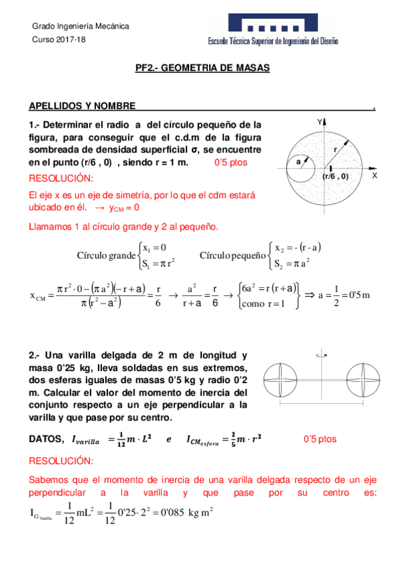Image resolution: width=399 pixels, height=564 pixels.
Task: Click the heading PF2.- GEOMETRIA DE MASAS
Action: click(x=199, y=68)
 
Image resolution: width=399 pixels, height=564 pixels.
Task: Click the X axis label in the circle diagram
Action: click(x=374, y=176)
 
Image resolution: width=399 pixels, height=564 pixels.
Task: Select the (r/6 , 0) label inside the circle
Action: click(x=336, y=177)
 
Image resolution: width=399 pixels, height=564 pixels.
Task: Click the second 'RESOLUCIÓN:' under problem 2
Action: click(x=61, y=461)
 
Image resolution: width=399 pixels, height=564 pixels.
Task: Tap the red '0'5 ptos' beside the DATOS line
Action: click(x=320, y=439)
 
